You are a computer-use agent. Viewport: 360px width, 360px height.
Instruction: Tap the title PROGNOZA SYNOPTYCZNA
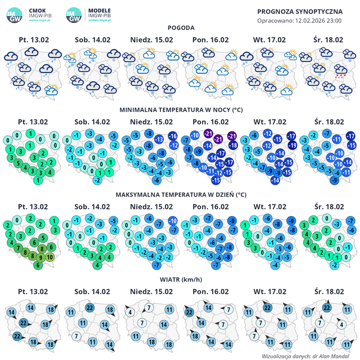click(300, 11)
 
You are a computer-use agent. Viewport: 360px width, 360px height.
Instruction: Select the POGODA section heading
click(180, 28)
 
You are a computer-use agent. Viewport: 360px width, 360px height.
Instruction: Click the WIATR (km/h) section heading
click(180, 279)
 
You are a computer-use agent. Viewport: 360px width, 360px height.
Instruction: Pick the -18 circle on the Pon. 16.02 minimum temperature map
click(233, 145)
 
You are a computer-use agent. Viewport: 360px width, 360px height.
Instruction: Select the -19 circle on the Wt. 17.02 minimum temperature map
click(292, 145)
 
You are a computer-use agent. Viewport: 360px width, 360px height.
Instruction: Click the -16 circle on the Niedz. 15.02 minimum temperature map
click(173, 137)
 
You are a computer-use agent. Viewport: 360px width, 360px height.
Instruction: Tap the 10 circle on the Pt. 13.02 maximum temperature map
click(50, 257)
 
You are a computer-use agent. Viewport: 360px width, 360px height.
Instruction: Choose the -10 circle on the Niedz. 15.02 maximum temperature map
click(173, 221)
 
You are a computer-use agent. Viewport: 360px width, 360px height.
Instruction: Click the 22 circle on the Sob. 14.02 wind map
click(90, 308)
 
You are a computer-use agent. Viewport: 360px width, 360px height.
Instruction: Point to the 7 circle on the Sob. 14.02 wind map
click(77, 336)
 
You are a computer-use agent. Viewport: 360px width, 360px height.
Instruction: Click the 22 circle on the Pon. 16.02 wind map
click(189, 313)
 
